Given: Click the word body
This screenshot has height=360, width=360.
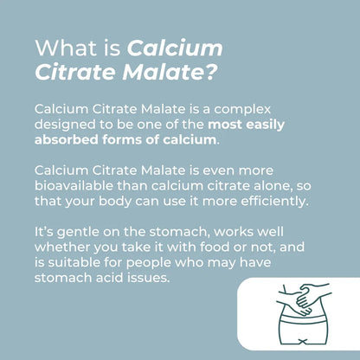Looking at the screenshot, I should (x=112, y=202).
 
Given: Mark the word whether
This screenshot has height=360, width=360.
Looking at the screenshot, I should (x=63, y=247).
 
